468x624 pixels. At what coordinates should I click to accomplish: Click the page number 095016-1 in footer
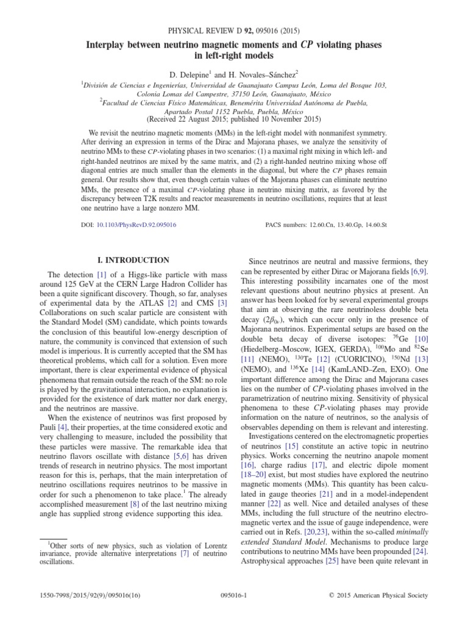234,595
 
